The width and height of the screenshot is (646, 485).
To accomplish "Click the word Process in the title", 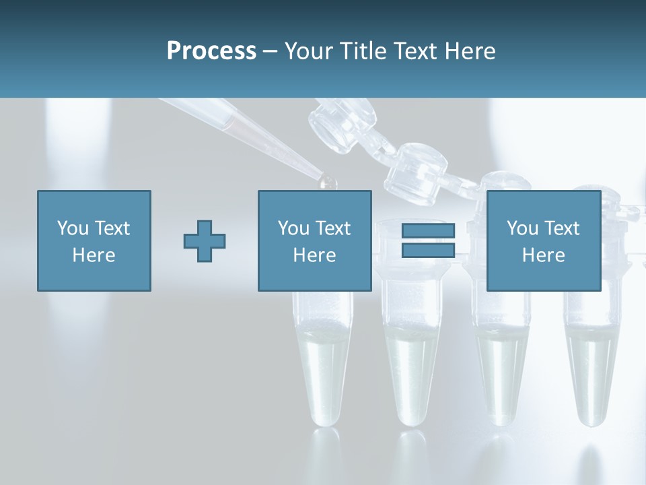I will pyautogui.click(x=211, y=51).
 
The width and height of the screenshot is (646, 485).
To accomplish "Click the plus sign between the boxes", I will pyautogui.click(x=205, y=240).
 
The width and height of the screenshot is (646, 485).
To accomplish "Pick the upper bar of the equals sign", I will pyautogui.click(x=428, y=230).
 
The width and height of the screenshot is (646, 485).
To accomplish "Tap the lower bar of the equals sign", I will pyautogui.click(x=428, y=250).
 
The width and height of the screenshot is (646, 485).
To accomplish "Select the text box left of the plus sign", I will pyautogui.click(x=94, y=240).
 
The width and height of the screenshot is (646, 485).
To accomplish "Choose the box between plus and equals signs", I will pyautogui.click(x=314, y=240).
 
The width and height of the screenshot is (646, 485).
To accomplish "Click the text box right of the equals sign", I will pyautogui.click(x=544, y=240).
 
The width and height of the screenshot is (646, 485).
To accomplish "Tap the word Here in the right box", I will pyautogui.click(x=543, y=255).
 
